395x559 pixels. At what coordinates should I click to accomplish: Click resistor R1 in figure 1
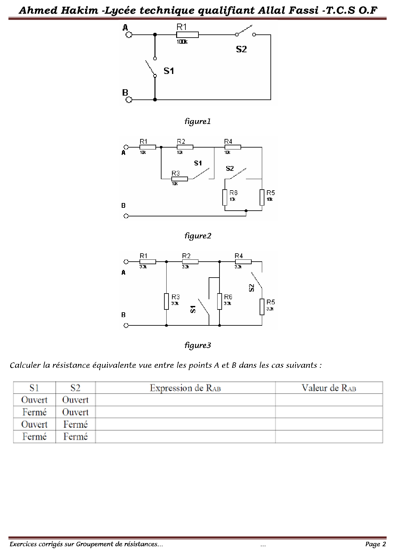point(187,35)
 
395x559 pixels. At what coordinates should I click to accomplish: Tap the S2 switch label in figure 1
point(241,49)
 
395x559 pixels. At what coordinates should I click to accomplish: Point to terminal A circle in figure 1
point(129,35)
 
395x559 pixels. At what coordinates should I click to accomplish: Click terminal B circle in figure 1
point(129,100)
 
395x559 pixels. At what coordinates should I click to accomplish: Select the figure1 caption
point(197,121)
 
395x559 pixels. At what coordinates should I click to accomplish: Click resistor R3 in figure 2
point(179,179)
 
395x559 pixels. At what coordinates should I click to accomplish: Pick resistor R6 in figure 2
point(225,198)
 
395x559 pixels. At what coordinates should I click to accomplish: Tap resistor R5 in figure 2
point(262,198)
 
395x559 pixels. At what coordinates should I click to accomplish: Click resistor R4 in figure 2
point(233,147)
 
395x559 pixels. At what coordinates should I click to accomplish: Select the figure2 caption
point(197,236)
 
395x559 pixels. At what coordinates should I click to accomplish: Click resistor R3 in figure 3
point(166,301)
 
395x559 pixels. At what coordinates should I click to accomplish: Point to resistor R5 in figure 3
point(262,307)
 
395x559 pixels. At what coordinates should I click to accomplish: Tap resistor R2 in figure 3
point(190,262)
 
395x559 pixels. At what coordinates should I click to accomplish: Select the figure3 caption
point(197,345)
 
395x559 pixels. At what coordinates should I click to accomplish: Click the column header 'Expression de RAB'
point(185,388)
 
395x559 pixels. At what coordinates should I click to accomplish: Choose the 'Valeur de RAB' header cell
point(329,388)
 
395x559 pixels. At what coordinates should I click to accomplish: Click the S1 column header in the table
point(34,388)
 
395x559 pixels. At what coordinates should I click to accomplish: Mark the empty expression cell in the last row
point(185,437)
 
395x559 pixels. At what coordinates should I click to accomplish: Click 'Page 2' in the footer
point(376,544)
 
